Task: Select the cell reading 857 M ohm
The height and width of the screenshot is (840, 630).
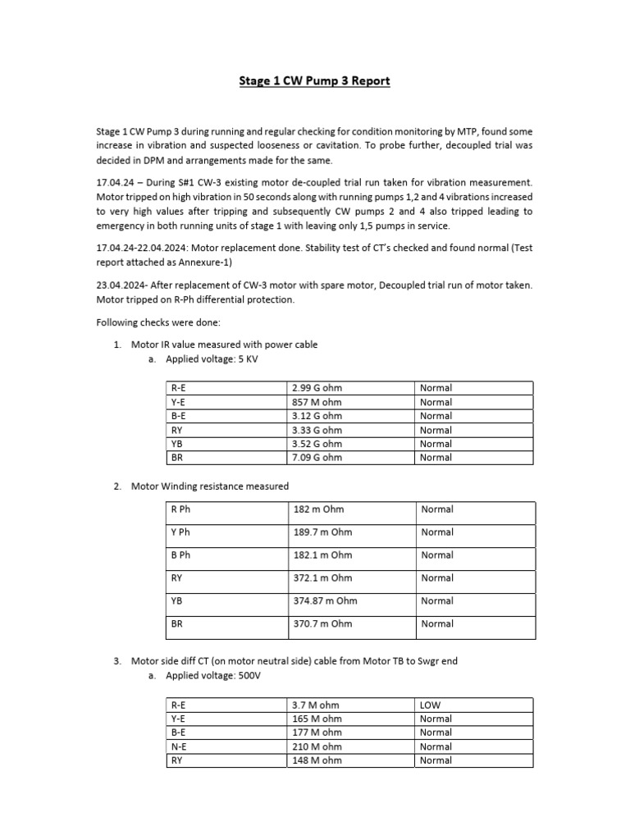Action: (x=317, y=402)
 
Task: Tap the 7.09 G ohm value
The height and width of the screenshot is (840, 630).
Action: (x=317, y=458)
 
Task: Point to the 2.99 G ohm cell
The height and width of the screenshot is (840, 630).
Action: (x=317, y=388)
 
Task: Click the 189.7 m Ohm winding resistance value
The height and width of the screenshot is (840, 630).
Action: (x=322, y=532)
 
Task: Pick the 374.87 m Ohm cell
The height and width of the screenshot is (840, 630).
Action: (x=326, y=600)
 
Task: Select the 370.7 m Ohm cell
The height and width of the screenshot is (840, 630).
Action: (x=322, y=623)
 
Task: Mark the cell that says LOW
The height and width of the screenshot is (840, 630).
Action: (x=431, y=705)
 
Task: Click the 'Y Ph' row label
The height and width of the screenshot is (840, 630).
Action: (x=180, y=532)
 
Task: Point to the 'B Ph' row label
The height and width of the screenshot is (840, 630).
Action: (x=180, y=555)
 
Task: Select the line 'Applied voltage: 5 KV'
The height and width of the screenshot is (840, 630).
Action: (x=212, y=359)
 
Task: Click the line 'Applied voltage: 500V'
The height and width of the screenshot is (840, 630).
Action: (x=213, y=677)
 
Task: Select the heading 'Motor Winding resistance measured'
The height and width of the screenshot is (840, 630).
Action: (x=210, y=486)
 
